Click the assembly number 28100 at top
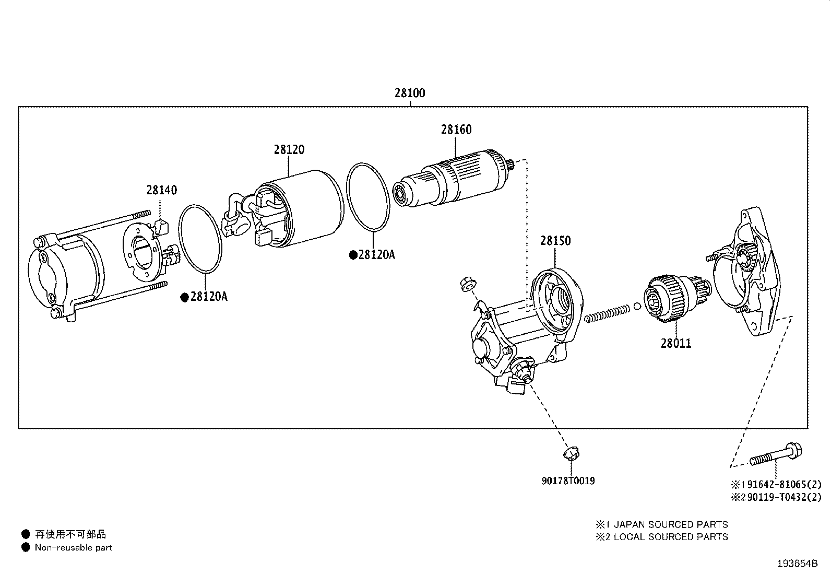coord(410,93)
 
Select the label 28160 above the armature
coord(456,130)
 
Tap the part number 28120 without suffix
coord(289,150)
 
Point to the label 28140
coord(161,190)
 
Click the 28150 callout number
coord(555,241)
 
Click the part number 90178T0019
coord(568,481)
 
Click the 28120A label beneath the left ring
coord(209,297)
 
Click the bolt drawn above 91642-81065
coord(776,456)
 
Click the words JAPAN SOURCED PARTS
coord(670,524)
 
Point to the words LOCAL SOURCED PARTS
coord(670,537)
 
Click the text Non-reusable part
coord(73,548)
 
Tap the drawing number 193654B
coord(797,564)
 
